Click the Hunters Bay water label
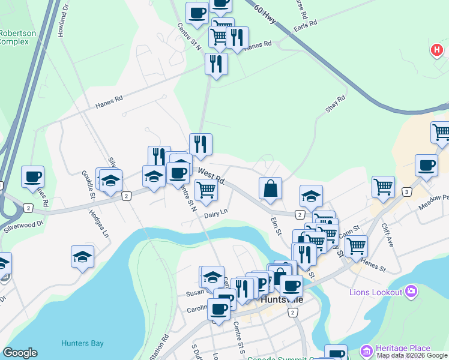coord(82,344)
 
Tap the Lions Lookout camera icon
coord(411,292)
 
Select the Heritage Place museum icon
coord(366,350)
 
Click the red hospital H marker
coord(436,51)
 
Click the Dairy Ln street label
coord(216,214)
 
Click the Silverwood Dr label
coord(24,223)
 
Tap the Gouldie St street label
coord(89,184)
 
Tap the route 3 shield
coord(407,192)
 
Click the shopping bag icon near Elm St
coord(270,188)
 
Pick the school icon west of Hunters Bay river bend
coord(82,257)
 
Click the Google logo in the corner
coord(20,353)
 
